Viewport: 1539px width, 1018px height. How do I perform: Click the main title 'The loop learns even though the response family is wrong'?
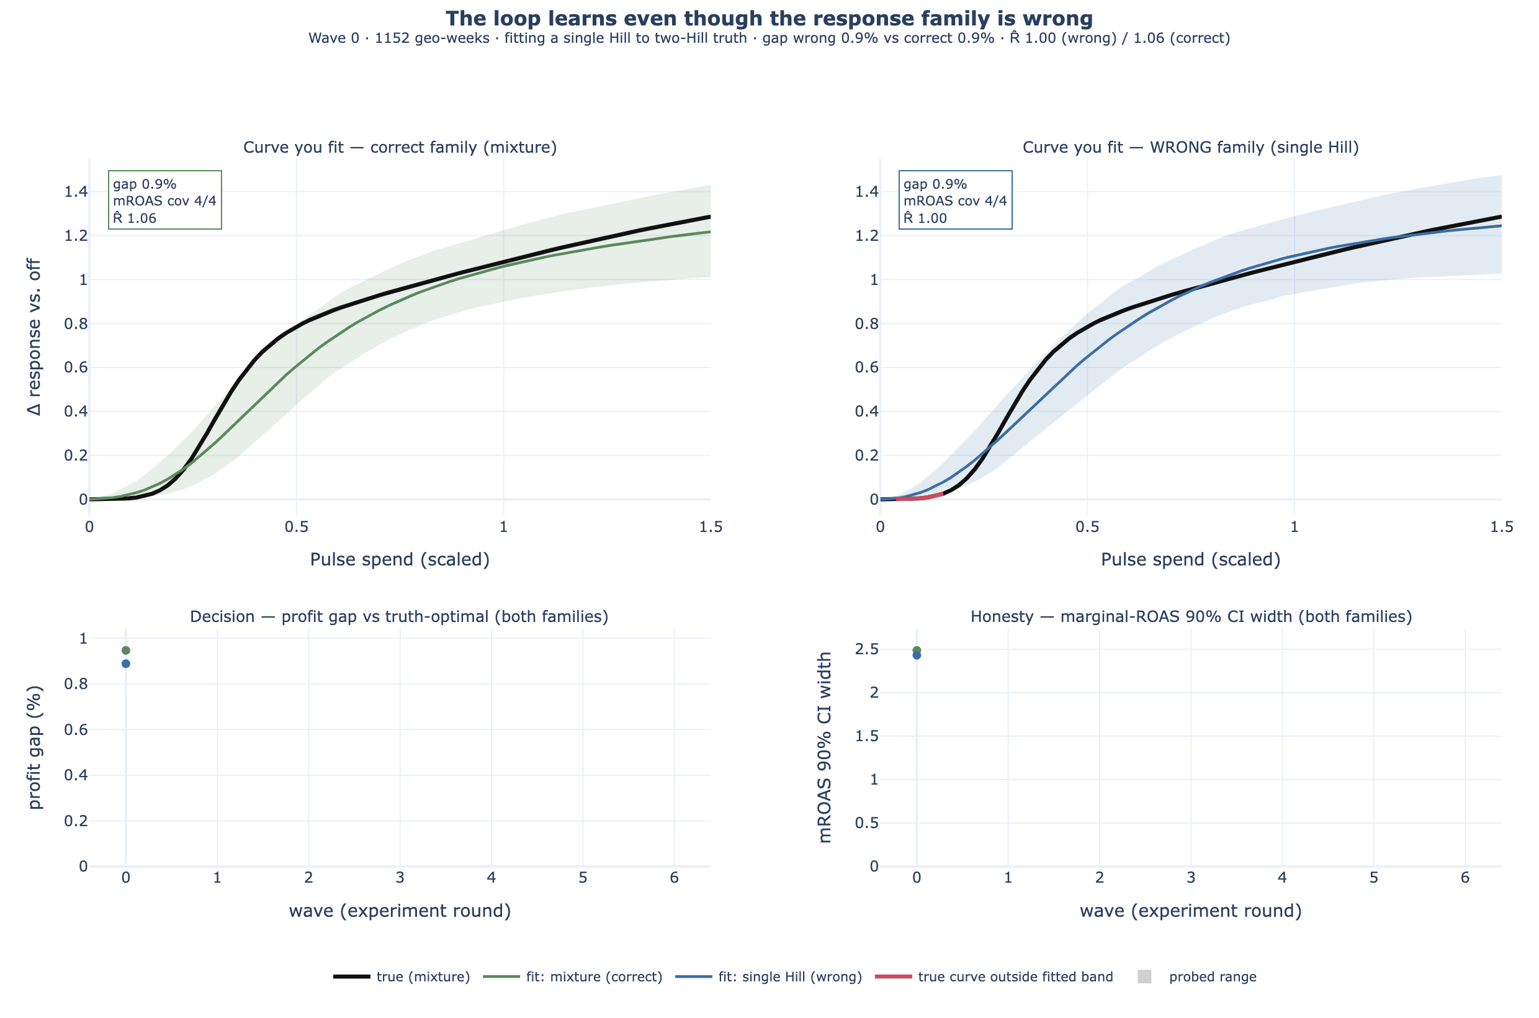[769, 18]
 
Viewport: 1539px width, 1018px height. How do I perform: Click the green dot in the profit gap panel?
[126, 651]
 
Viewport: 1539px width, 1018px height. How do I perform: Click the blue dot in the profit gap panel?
[126, 664]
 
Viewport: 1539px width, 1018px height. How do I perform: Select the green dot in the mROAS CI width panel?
[917, 650]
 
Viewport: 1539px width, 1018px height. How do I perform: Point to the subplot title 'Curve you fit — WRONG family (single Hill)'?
[1190, 147]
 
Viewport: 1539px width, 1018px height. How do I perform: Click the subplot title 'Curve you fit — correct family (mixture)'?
[400, 147]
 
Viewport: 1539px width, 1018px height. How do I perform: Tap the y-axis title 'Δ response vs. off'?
[34, 337]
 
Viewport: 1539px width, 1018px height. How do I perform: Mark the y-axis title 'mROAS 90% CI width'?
[825, 747]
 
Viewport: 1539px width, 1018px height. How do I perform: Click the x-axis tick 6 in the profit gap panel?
[675, 878]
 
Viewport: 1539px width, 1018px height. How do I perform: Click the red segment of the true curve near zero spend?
[919, 497]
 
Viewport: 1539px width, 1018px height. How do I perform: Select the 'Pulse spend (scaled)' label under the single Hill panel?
[1190, 559]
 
